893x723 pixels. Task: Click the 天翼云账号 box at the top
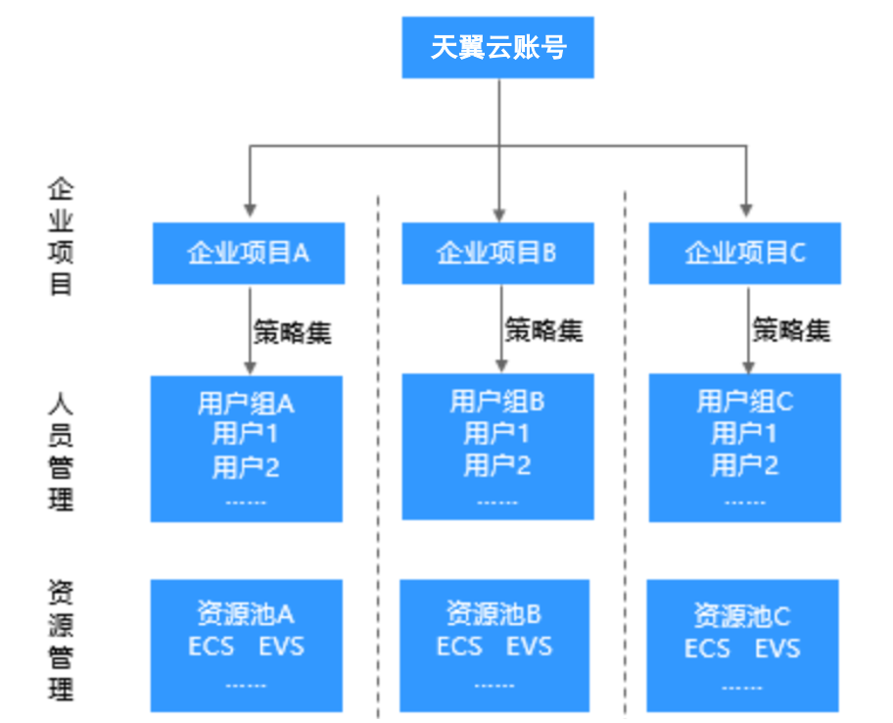coord(497,47)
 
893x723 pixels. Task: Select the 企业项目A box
coord(248,254)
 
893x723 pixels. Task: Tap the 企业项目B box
coord(496,254)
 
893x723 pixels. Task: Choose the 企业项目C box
coord(744,254)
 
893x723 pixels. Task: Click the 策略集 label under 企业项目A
coord(292,332)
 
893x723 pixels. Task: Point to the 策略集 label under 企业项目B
coord(543,330)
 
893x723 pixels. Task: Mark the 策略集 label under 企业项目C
coord(791,330)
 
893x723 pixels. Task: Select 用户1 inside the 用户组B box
coord(496,433)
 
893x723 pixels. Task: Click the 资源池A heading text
coord(246,614)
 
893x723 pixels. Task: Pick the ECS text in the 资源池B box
coord(459,647)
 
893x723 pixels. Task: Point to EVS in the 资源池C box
coord(777,649)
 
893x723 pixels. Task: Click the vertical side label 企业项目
coord(61,237)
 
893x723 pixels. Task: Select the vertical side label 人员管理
coord(61,452)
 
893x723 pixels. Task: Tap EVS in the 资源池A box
coord(282,647)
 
